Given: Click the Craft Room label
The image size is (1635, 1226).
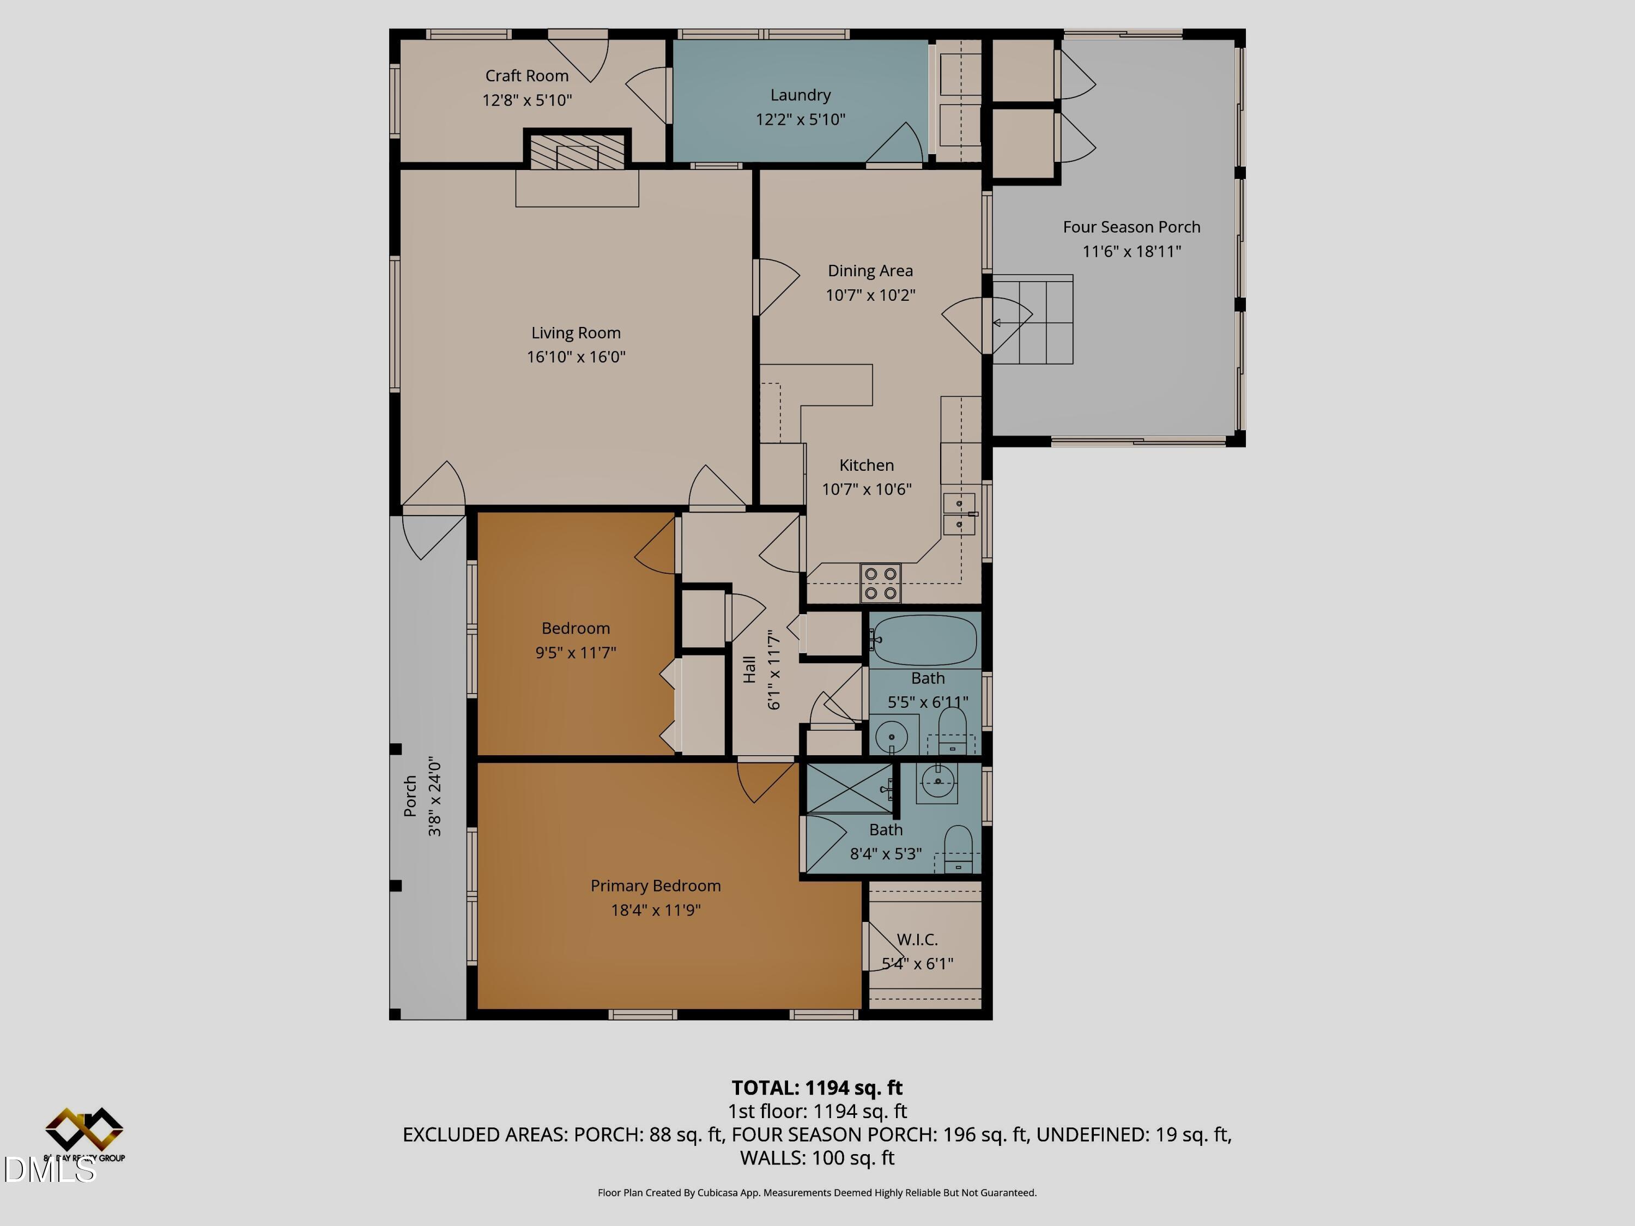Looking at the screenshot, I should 526,75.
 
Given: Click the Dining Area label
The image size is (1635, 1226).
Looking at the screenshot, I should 870,270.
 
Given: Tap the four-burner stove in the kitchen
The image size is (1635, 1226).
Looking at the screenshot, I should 880,583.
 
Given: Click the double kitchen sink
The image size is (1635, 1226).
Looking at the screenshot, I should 959,514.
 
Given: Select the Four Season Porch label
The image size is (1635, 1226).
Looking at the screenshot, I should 1131,227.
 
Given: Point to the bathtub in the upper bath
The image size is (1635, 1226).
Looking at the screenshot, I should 924,639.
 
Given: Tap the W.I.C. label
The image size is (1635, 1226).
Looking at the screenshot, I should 917,939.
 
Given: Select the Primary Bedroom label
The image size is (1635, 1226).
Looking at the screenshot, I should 655,885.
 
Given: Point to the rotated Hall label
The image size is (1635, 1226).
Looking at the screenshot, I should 749,670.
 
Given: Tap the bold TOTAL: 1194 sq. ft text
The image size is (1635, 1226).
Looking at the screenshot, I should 817,1088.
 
